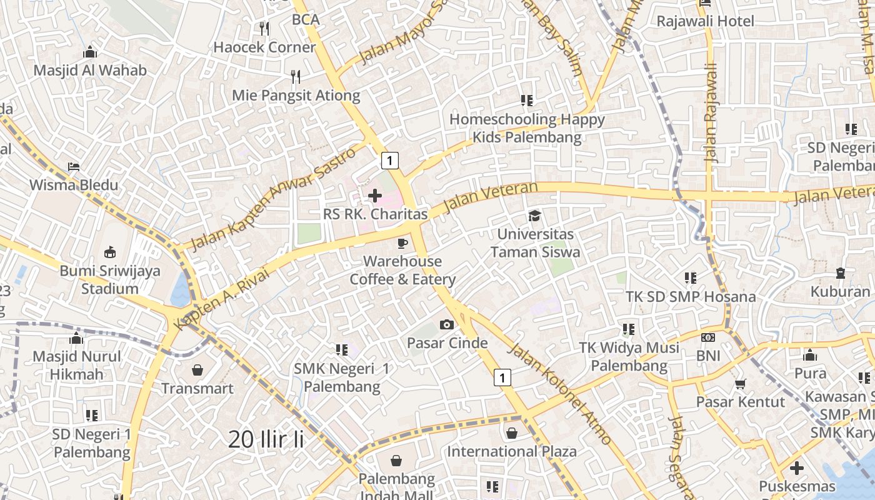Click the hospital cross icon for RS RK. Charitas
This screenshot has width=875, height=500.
pyautogui.click(x=375, y=196)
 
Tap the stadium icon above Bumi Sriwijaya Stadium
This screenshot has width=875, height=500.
pyautogui.click(x=110, y=252)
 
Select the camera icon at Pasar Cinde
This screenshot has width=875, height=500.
pyautogui.click(x=447, y=324)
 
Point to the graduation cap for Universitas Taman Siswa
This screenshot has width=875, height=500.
pyautogui.click(x=534, y=216)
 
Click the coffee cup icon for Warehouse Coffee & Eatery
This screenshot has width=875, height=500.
pyautogui.click(x=402, y=242)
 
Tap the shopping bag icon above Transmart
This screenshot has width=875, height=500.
pyautogui.click(x=197, y=370)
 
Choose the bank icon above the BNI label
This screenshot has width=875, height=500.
pyautogui.click(x=708, y=337)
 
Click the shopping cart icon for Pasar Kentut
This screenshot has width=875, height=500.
pyautogui.click(x=740, y=383)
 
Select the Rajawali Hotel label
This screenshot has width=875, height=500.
pyautogui.click(x=705, y=21)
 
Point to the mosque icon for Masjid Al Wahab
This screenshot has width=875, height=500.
pyautogui.click(x=90, y=52)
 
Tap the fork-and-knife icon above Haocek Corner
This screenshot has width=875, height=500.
pyautogui.click(x=264, y=28)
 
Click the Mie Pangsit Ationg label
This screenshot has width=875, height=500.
pyautogui.click(x=296, y=96)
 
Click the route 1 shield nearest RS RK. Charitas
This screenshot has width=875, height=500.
pyautogui.click(x=390, y=161)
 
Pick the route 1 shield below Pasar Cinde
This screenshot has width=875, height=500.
pyautogui.click(x=502, y=377)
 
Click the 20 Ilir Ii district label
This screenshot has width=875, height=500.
pyautogui.click(x=266, y=439)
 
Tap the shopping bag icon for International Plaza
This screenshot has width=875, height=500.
pyautogui.click(x=512, y=432)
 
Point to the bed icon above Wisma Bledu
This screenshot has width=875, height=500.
pyautogui.click(x=74, y=167)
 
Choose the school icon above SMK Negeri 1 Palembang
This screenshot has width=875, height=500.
pyautogui.click(x=341, y=350)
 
